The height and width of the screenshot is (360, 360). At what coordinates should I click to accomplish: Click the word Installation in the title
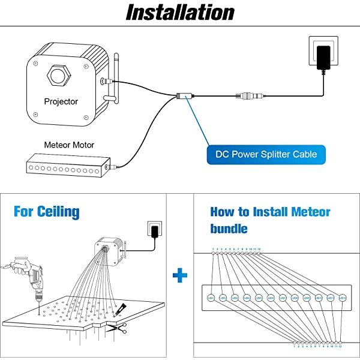[x=179, y=13]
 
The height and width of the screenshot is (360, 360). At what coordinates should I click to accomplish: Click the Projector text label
[x=61, y=101]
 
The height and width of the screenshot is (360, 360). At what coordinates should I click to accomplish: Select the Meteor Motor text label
[x=69, y=145]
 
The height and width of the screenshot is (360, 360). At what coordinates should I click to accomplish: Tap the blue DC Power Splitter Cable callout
[x=270, y=154]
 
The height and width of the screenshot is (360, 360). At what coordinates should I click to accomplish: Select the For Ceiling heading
[x=46, y=212]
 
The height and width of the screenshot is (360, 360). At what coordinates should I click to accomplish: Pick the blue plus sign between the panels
[x=179, y=276]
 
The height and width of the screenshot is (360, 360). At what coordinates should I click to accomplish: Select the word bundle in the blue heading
[x=229, y=229]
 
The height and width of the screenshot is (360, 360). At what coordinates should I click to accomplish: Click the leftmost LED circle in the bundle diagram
[x=211, y=297]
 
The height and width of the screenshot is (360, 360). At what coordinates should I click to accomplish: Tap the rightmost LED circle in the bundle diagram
[x=343, y=297]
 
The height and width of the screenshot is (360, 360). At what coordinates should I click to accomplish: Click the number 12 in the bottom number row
[x=341, y=347]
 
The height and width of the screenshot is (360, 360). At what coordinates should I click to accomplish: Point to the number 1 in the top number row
[x=213, y=248]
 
